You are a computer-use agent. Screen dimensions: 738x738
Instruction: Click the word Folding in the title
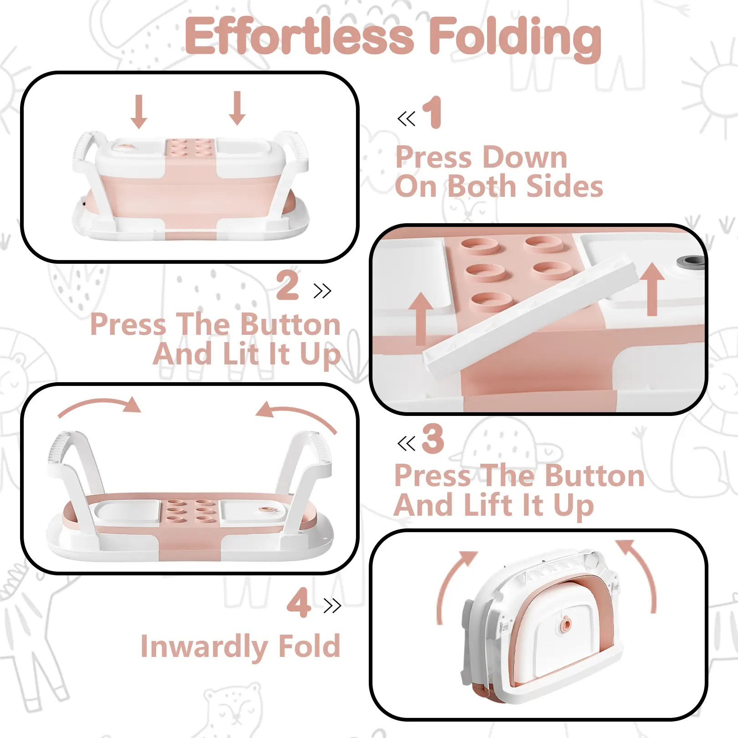(515, 38)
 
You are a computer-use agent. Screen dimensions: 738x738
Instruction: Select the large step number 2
(288, 285)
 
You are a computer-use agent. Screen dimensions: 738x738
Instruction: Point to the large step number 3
(433, 438)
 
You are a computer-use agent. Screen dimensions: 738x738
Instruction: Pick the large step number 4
(299, 602)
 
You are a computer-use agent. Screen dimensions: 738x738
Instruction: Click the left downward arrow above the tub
(139, 112)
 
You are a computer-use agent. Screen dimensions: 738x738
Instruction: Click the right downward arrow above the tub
(237, 108)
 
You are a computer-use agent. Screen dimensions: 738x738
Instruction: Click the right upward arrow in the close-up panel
(653, 289)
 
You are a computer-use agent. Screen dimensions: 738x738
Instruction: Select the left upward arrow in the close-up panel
(421, 318)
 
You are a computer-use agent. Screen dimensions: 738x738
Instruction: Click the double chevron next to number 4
(332, 605)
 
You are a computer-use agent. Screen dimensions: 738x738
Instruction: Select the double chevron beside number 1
(407, 119)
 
